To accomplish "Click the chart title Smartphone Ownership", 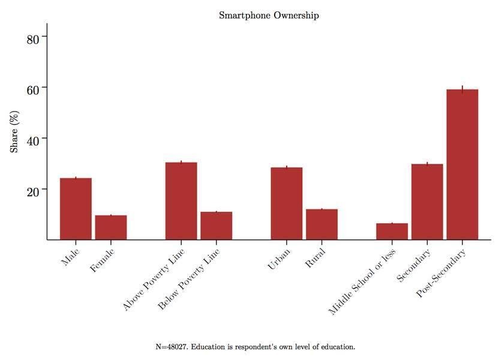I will [269, 16].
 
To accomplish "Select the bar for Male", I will [76, 209].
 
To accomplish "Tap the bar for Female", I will [111, 227].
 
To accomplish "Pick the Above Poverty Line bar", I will [181, 201].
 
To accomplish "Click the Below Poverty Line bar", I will [217, 226].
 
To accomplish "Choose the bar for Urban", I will [287, 203].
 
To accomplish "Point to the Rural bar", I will [322, 224].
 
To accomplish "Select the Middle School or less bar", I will [392, 232].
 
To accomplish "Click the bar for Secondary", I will [427, 202].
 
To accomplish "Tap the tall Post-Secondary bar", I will [462, 164].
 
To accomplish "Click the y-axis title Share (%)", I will [14, 131].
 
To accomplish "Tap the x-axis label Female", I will [103, 261].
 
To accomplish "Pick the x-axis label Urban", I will [279, 260].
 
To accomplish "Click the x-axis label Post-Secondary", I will [441, 274].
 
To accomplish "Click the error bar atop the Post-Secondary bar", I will [462, 89].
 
